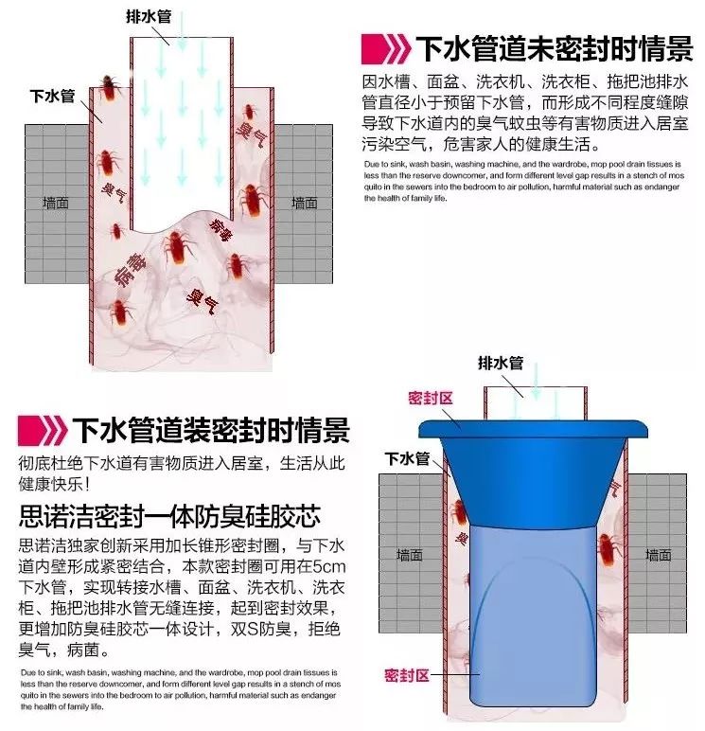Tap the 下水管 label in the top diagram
(50, 96)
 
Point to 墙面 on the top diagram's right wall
(305, 202)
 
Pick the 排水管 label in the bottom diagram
(501, 363)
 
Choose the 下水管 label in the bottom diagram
(407, 459)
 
